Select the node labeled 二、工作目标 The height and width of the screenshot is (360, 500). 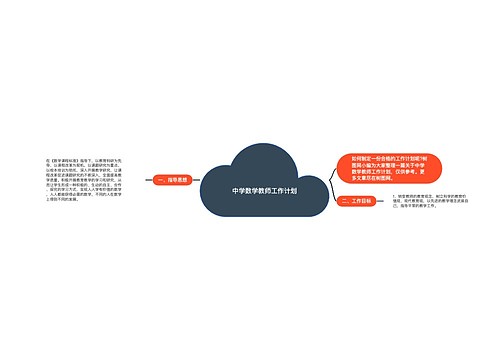click(357, 201)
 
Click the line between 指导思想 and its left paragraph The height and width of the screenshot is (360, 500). click(148, 181)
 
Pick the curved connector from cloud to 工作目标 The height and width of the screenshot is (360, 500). click(329, 197)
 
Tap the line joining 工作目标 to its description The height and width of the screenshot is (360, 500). click(381, 201)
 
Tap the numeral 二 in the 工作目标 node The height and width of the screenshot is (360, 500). click(345, 201)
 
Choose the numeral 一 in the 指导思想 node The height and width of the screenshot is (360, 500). click(160, 181)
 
